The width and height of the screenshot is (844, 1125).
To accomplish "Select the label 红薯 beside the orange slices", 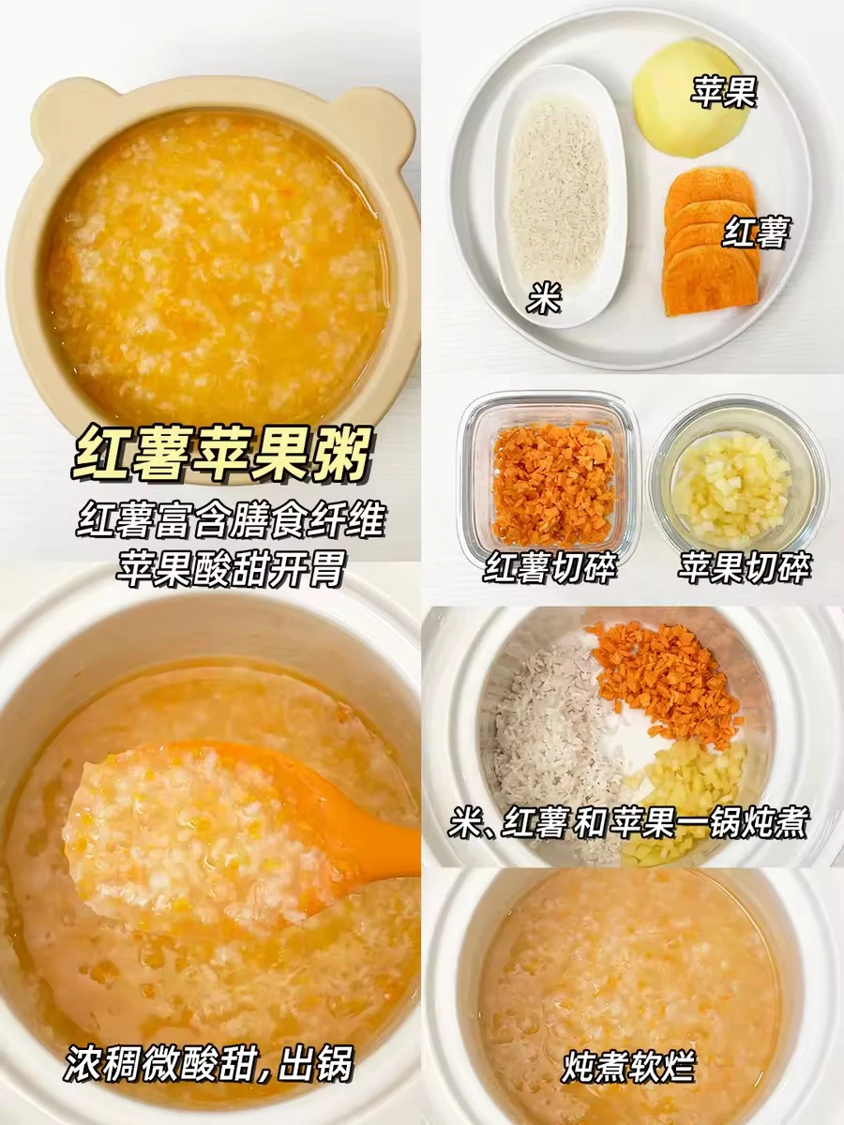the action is pyautogui.click(x=755, y=232).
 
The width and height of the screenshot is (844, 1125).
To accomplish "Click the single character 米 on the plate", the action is pyautogui.click(x=544, y=297).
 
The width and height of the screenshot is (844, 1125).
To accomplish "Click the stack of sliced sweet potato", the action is pyautogui.click(x=711, y=241).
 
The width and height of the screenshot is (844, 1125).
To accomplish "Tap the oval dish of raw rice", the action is pyautogui.click(x=561, y=195).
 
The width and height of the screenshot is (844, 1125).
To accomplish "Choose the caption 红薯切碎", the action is pyautogui.click(x=550, y=567).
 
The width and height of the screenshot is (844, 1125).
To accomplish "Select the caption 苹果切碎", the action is pyautogui.click(x=744, y=567).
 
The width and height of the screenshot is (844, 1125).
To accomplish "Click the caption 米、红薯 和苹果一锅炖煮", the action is pyautogui.click(x=628, y=822).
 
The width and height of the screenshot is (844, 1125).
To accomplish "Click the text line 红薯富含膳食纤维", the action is pyautogui.click(x=230, y=519).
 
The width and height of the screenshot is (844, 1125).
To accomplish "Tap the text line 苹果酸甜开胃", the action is pyautogui.click(x=230, y=568).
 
